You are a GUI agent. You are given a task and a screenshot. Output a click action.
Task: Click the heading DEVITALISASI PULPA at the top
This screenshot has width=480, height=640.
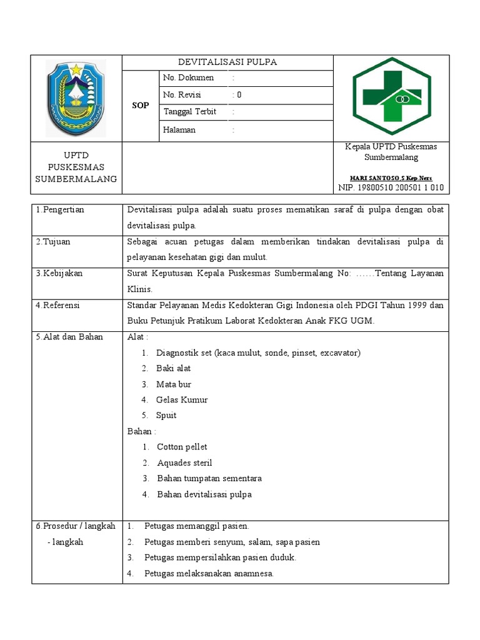click(227, 62)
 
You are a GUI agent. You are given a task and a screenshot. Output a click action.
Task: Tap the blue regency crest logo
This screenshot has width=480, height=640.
click(76, 98)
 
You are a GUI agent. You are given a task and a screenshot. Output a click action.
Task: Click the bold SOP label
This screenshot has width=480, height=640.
click(141, 106)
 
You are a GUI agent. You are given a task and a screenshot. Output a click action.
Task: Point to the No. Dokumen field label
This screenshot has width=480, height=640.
click(189, 78)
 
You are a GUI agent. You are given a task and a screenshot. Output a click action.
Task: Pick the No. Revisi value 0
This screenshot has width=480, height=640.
click(237, 95)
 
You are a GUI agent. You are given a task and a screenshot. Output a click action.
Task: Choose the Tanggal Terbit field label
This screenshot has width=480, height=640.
click(190, 112)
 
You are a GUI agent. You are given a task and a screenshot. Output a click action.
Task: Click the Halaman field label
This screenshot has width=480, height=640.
click(180, 130)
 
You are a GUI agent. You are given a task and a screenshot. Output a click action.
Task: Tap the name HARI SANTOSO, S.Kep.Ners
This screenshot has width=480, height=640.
click(391, 178)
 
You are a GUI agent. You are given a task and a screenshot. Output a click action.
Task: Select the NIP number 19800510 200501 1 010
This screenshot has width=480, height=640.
click(391, 187)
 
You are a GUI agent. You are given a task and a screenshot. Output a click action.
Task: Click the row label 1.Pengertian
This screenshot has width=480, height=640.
click(60, 210)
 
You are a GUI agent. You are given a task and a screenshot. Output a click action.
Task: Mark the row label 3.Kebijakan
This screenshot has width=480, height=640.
click(59, 274)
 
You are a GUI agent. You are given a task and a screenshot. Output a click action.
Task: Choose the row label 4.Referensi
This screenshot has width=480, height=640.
click(58, 306)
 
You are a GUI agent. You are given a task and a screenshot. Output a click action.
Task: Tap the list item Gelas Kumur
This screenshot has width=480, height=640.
click(182, 400)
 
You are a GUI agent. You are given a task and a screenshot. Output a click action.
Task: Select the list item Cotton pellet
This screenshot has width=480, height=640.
click(182, 447)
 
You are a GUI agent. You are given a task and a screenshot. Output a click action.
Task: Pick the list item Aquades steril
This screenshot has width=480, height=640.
click(184, 463)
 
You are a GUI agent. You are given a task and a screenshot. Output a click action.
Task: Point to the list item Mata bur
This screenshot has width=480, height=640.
click(174, 384)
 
